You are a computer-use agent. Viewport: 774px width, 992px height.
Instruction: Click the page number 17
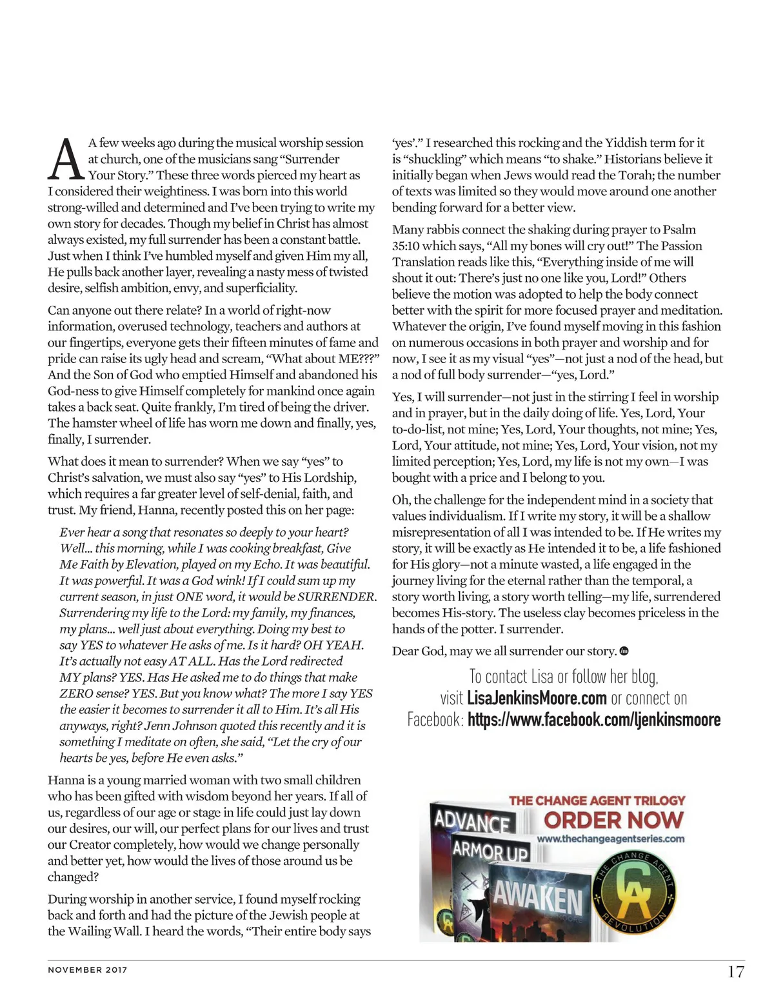click(735, 971)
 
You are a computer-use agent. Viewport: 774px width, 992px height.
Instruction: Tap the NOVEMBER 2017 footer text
click(88, 969)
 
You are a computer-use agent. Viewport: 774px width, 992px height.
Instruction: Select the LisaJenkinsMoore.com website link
click(537, 699)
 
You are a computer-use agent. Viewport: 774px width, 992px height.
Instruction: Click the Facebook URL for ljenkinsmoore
click(593, 720)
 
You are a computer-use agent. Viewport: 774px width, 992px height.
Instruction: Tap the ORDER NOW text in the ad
click(613, 820)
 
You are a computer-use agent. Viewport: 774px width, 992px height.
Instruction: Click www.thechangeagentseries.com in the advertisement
click(610, 839)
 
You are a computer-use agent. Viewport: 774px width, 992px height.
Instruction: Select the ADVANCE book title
click(471, 822)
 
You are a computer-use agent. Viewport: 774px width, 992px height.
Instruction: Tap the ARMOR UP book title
click(490, 851)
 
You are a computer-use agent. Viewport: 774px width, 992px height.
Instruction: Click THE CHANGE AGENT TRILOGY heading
click(597, 800)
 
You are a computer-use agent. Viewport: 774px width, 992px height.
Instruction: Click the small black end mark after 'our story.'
click(624, 651)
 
